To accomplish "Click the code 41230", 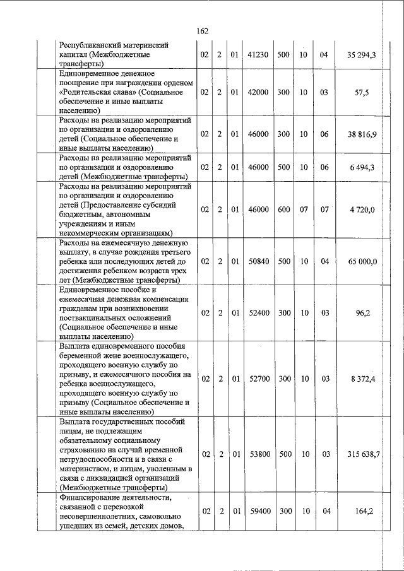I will pyautogui.click(x=259, y=56).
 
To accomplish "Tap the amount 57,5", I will pyautogui.click(x=362, y=93).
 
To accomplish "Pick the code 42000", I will pyautogui.click(x=259, y=93).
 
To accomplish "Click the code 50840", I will pyautogui.click(x=259, y=261).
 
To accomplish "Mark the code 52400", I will pyautogui.click(x=259, y=312).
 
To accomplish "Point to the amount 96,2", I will pyautogui.click(x=362, y=312).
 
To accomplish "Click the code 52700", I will pyautogui.click(x=259, y=379).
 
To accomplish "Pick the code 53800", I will pyautogui.click(x=259, y=454).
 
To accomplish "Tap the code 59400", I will pyautogui.click(x=259, y=512).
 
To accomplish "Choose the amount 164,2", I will pyautogui.click(x=362, y=512).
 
